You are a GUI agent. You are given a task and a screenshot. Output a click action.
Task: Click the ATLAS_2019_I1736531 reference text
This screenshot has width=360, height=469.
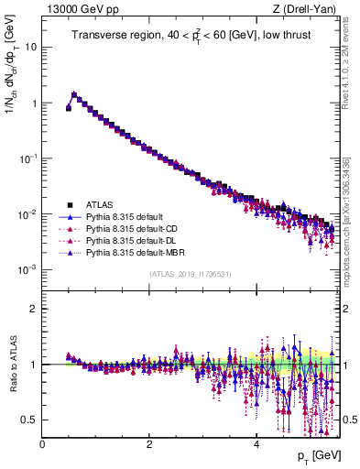click(190, 275)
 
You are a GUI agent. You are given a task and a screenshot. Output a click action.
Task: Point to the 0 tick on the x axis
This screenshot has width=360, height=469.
click(42, 444)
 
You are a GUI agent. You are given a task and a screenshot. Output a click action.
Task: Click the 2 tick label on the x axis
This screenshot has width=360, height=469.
click(149, 444)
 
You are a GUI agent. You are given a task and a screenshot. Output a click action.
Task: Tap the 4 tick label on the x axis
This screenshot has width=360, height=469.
click(256, 444)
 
